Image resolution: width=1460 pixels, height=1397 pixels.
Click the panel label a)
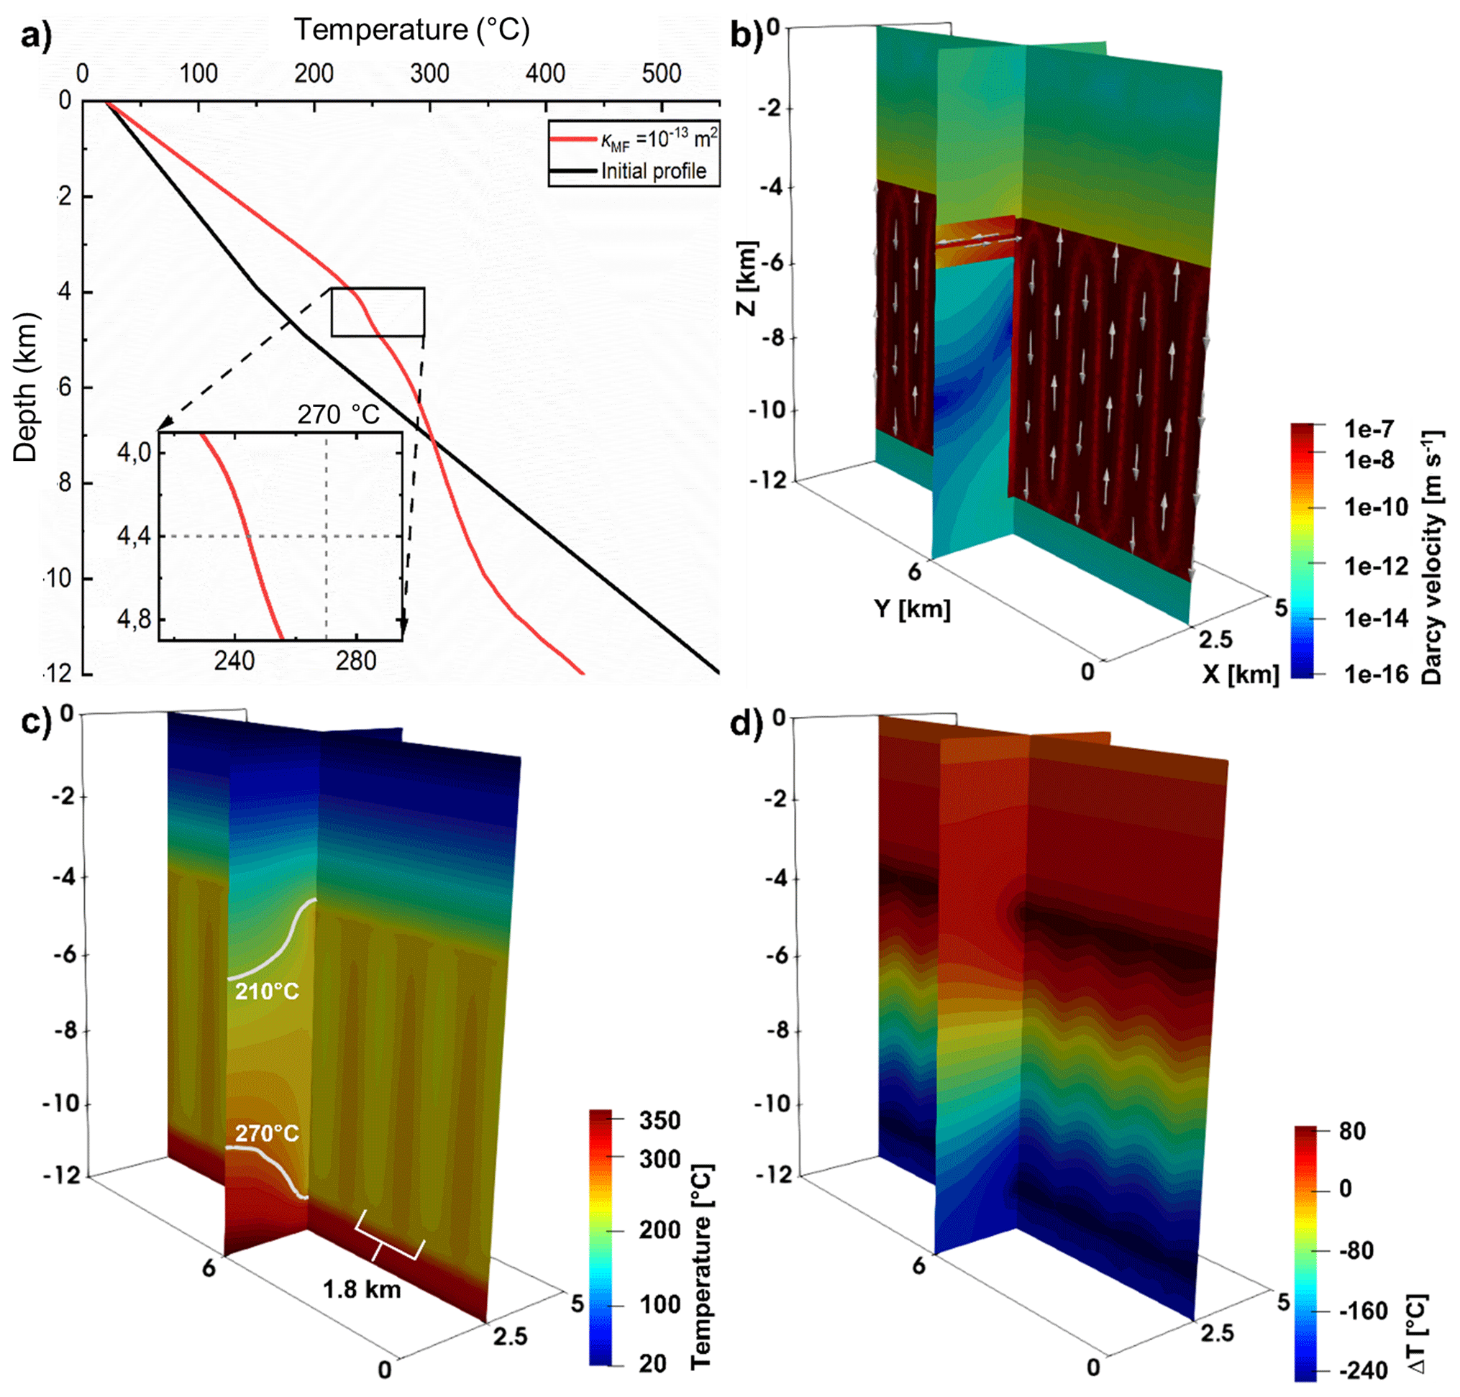tap(36, 36)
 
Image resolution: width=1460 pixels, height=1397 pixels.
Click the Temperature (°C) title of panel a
tap(412, 29)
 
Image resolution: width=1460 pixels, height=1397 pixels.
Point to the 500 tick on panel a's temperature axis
tap(662, 73)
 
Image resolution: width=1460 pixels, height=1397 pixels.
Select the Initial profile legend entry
tap(653, 171)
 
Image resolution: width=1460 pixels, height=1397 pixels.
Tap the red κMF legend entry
tap(659, 139)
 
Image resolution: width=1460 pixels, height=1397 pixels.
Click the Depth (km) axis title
tap(24, 388)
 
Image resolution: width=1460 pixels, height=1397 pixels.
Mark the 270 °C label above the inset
tap(339, 414)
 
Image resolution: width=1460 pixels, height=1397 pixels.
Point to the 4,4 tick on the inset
tap(134, 536)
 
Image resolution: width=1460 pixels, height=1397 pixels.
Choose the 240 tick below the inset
tap(234, 661)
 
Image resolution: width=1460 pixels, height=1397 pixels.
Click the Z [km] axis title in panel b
tap(746, 277)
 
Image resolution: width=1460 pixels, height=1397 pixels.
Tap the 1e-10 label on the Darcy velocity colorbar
tap(1376, 507)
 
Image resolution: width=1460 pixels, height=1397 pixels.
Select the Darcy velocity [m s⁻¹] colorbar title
tap(1431, 557)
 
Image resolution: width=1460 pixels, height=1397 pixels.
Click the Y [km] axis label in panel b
tap(913, 608)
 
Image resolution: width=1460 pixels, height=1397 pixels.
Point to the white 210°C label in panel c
tap(267, 991)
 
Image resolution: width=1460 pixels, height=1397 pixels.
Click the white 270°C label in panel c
tap(267, 1133)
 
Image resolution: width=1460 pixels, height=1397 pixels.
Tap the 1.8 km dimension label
tap(361, 1289)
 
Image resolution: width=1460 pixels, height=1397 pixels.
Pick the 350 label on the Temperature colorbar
tap(660, 1120)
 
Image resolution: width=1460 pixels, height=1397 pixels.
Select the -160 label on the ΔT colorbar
tap(1363, 1311)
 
